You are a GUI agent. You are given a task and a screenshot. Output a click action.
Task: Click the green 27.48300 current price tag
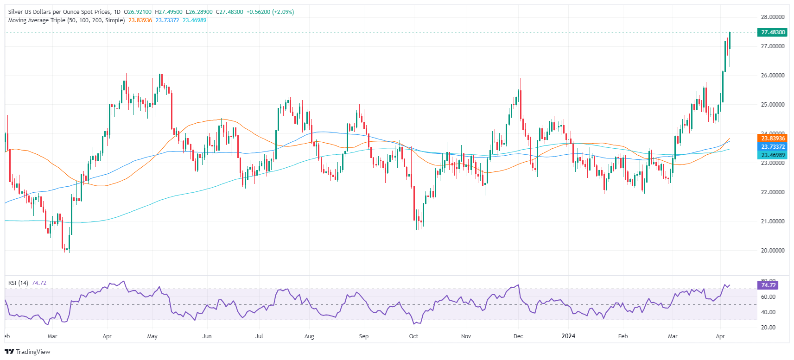(x=773, y=32)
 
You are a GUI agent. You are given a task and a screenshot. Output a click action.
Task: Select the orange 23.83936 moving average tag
(x=773, y=138)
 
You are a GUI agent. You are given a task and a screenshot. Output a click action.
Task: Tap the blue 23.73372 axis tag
(x=773, y=146)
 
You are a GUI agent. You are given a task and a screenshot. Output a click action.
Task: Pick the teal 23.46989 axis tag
(x=773, y=155)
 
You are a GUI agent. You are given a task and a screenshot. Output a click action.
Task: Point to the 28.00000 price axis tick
(x=772, y=17)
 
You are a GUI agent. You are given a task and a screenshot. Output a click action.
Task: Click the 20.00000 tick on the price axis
(x=772, y=251)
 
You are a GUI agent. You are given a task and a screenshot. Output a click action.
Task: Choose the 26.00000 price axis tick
(x=772, y=76)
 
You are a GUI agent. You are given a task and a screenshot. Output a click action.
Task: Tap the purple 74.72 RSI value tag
(x=768, y=285)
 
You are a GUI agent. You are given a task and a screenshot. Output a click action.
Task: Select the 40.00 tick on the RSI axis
(x=768, y=312)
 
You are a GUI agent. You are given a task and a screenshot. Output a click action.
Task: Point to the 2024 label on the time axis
(x=568, y=336)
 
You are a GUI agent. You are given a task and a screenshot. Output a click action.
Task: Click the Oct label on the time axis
(x=413, y=336)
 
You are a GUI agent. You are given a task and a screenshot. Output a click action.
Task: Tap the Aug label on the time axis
(x=309, y=336)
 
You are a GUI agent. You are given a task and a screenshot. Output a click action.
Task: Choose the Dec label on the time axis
(x=518, y=336)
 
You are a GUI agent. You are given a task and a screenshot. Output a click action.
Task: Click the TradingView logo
(x=27, y=352)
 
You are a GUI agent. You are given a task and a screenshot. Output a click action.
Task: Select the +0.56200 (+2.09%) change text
(x=270, y=12)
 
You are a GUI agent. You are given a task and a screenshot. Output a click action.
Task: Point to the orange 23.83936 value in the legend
(x=140, y=20)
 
